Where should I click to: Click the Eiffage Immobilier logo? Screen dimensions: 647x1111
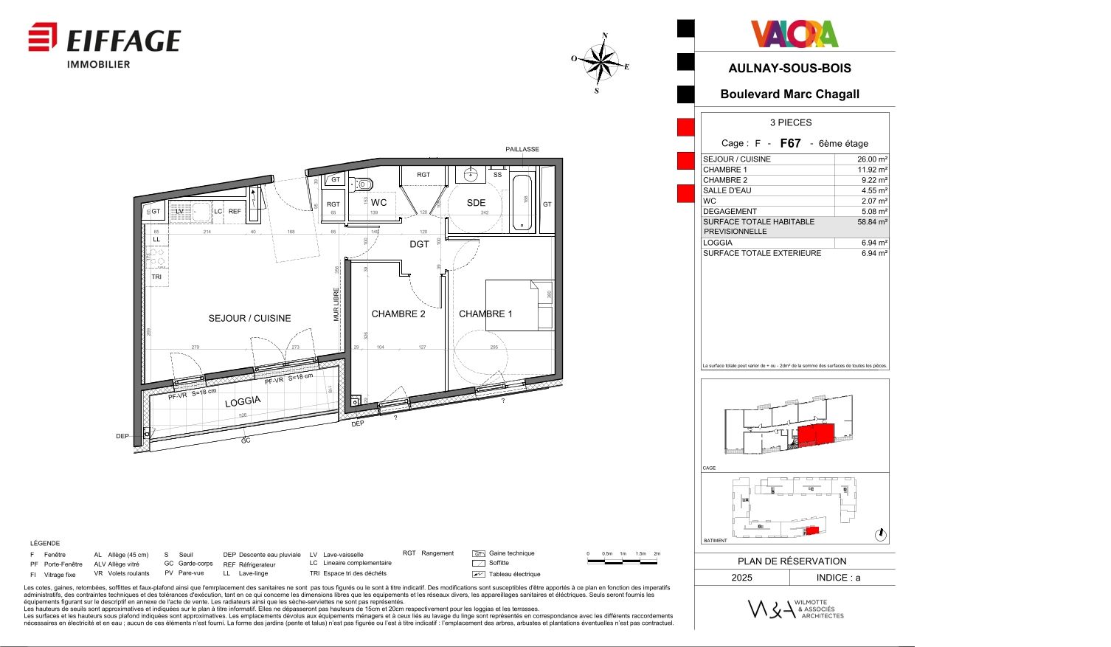pos(104,44)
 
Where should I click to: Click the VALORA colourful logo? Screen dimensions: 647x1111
pos(795,34)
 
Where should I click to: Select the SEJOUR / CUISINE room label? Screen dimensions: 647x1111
pos(249,319)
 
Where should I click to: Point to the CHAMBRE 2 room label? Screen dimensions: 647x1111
pos(398,314)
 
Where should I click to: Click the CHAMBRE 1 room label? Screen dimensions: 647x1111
pos(485,314)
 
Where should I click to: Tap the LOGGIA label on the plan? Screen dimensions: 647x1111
pos(243,401)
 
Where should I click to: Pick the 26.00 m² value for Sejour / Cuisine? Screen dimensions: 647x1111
pos(872,159)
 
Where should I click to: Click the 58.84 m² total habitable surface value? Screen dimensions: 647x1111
pos(872,222)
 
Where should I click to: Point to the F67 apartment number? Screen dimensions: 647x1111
pos(790,144)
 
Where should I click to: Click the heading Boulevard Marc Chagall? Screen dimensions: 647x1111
pos(789,94)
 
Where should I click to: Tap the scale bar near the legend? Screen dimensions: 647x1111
pos(623,561)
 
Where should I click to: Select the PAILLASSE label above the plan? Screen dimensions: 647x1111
pos(522,150)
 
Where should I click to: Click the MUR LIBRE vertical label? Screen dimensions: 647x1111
pos(336,304)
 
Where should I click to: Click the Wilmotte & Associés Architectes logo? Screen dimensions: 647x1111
pos(796,609)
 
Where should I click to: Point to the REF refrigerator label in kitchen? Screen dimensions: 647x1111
pos(235,212)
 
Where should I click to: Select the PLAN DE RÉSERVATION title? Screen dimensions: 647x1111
pos(792,561)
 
